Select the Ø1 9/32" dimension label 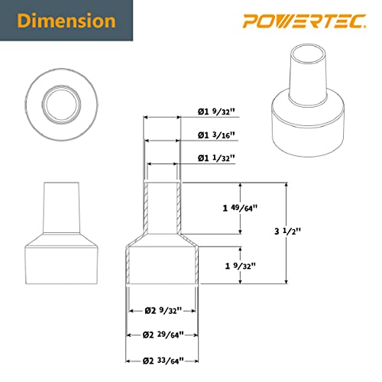point(215,113)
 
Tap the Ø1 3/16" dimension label point(215,135)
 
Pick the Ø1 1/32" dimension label point(215,158)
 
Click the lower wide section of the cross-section point(162,264)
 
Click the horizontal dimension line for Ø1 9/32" point(162,118)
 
